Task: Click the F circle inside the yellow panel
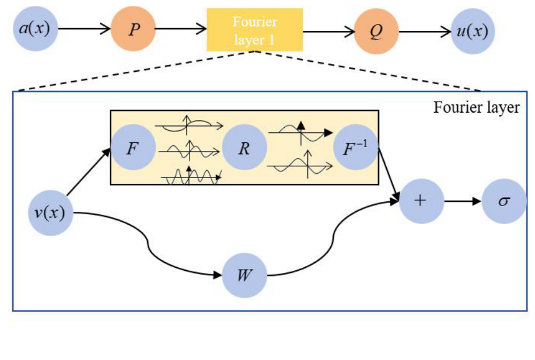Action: (132, 145)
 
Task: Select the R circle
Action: (244, 145)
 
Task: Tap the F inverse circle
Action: (356, 146)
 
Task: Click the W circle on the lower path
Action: (244, 274)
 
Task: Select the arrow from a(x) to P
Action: (85, 28)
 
